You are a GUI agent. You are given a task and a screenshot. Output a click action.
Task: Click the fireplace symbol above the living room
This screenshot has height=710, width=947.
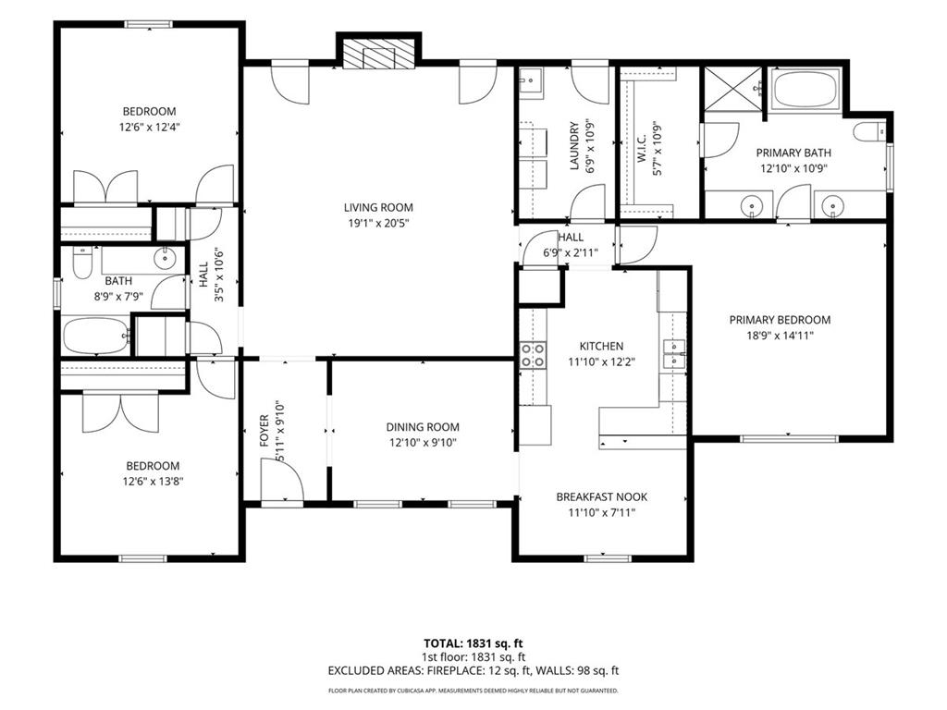pos(378,53)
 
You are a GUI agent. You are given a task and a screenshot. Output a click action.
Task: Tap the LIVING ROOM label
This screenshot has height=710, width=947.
pos(378,208)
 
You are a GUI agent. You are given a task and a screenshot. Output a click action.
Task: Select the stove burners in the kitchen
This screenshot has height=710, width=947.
pos(534,355)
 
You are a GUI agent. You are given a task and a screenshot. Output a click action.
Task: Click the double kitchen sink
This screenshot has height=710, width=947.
pos(674,354)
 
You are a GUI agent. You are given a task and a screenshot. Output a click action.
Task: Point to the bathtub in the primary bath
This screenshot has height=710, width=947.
pos(806,91)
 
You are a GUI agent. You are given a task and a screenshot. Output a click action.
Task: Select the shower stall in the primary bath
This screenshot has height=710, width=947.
pos(733,89)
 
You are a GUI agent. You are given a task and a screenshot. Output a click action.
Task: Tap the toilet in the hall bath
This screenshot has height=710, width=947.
pos(82,263)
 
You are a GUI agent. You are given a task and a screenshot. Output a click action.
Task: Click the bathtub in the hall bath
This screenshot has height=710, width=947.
pos(96,336)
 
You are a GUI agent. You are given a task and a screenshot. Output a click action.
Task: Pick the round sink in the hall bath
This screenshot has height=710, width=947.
pos(165,259)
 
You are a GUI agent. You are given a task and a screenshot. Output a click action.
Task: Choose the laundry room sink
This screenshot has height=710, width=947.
pos(532,82)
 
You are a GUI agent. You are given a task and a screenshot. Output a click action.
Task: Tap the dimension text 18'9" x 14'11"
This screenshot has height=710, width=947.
pos(780,336)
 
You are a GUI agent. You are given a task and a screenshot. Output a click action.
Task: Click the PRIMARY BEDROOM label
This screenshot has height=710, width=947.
pos(780,320)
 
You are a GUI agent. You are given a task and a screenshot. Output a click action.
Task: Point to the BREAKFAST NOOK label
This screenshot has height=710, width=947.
pos(601,496)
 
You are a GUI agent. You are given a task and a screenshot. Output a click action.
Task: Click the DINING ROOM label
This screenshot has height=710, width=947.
pos(423,427)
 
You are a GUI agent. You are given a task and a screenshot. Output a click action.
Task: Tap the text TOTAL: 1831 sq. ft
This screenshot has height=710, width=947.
pos(473,643)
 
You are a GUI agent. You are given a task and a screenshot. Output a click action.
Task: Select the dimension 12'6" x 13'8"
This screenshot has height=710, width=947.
pos(153,482)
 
